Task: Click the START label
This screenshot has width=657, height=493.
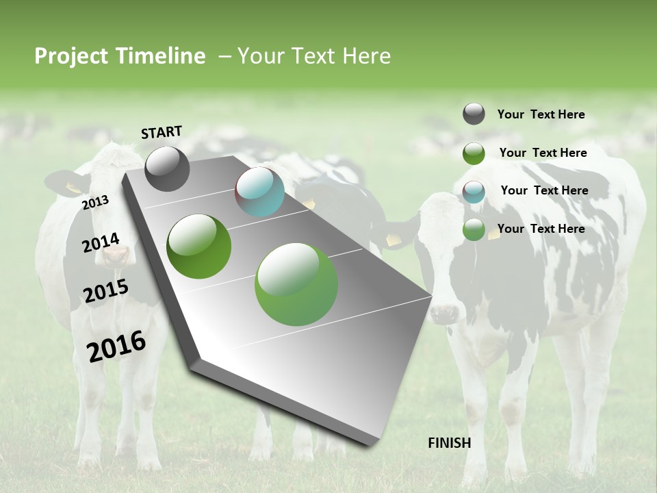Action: tap(162, 132)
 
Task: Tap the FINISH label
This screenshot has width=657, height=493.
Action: tap(449, 442)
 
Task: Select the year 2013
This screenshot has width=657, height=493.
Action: tap(95, 202)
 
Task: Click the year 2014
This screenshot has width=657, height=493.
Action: tap(101, 242)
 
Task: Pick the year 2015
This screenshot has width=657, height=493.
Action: tap(106, 291)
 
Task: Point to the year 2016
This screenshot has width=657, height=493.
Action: tap(116, 346)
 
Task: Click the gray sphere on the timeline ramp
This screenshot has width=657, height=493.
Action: tap(167, 168)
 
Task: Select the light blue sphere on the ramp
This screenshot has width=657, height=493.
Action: tap(259, 192)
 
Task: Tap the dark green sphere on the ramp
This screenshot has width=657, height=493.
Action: tap(199, 246)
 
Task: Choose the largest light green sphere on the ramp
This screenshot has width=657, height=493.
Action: tap(296, 284)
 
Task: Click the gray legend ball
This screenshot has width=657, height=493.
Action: tap(474, 114)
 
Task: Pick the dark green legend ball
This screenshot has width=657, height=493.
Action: tap(474, 153)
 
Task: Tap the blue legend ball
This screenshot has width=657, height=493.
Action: tap(474, 192)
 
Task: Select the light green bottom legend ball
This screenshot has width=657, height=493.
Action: tap(474, 229)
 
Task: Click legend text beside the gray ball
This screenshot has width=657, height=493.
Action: tap(541, 114)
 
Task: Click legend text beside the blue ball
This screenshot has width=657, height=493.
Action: tap(544, 190)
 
